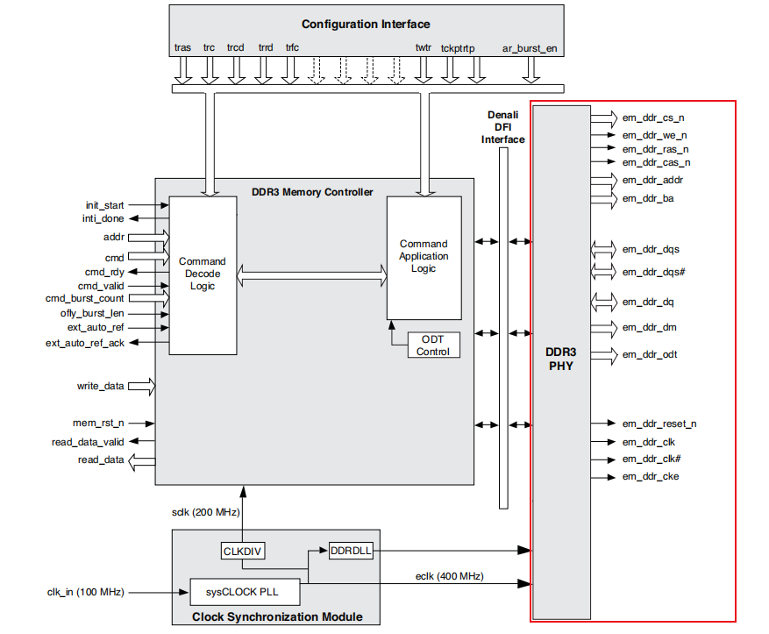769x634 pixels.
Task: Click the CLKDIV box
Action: tap(242, 552)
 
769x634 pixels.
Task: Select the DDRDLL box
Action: tap(351, 551)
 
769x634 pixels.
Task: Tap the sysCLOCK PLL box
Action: tap(245, 592)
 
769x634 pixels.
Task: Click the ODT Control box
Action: tap(433, 345)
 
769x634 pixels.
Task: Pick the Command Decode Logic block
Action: tap(203, 275)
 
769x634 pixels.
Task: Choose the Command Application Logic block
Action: tap(424, 258)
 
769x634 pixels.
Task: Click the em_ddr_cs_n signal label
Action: tap(653, 118)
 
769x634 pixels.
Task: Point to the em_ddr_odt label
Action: tap(650, 354)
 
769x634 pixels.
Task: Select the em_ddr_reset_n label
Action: tap(659, 424)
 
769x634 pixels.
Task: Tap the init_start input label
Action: tap(104, 205)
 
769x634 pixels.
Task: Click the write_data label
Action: tap(100, 386)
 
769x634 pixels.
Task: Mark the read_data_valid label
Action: tap(88, 442)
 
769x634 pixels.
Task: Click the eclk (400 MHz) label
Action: tap(449, 576)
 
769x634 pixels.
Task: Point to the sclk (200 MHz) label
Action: tap(205, 512)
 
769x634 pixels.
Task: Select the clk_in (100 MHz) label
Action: tap(85, 592)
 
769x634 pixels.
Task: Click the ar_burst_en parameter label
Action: tap(530, 48)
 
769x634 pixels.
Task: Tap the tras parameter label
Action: tap(182, 47)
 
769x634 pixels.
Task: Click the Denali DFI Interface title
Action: tap(502, 127)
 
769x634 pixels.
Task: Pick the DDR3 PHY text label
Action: tap(561, 359)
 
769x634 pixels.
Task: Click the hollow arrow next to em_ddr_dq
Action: tap(604, 302)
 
